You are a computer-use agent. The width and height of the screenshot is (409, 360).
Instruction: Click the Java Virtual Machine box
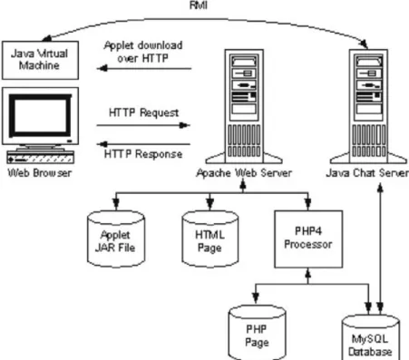[x=40, y=61]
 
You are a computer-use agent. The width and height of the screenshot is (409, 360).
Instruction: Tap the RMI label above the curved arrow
[x=199, y=5]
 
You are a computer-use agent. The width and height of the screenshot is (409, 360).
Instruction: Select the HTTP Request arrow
[x=143, y=125]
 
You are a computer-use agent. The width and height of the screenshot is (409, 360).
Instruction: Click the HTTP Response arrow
[x=143, y=144]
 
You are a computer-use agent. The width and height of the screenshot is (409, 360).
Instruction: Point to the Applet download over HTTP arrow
[x=144, y=69]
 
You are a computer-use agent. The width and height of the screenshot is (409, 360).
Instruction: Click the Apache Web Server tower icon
[x=244, y=106]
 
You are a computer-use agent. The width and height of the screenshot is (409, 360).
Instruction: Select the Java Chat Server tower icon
[x=368, y=106]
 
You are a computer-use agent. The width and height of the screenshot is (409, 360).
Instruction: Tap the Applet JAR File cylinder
[x=116, y=239]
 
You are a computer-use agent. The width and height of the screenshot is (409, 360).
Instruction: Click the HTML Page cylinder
[x=210, y=239]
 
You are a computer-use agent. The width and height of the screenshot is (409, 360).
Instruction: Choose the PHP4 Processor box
[x=308, y=239]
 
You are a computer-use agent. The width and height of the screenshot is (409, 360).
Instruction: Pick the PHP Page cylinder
[x=257, y=333]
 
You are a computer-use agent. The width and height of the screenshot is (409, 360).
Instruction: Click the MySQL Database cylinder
[x=371, y=337]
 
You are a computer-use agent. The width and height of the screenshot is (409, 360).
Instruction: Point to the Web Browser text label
[x=40, y=173]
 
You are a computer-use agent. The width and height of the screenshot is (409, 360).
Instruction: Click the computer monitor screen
[x=40, y=115]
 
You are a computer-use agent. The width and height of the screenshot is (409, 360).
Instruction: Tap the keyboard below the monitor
[x=41, y=158]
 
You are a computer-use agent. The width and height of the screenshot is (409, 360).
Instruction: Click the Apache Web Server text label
[x=244, y=173]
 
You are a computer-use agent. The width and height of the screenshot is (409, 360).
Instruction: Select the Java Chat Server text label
[x=367, y=173]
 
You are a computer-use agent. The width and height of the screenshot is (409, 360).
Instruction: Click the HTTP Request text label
[x=143, y=112]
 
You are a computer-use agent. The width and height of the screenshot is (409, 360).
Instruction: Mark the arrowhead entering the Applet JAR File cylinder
[x=116, y=204]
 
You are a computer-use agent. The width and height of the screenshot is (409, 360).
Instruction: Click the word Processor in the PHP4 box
[x=308, y=244]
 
